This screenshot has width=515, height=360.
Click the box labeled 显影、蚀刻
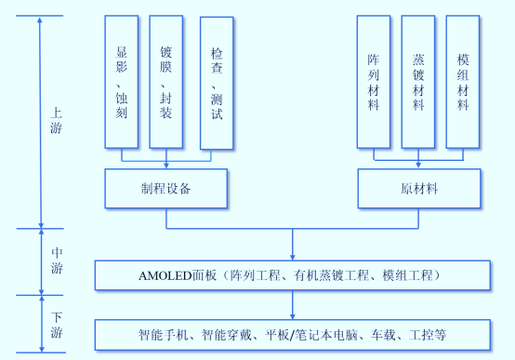tap(122, 82)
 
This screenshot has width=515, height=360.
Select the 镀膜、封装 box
tap(166, 82)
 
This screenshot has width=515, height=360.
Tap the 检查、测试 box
tap(217, 82)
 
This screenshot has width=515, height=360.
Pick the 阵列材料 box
tap(374, 82)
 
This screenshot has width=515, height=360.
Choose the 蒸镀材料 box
tap(418, 82)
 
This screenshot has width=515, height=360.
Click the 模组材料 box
tap(463, 82)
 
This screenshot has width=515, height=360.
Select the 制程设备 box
tap(166, 189)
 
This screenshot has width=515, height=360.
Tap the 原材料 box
tap(418, 189)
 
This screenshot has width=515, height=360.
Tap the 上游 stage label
tap(57, 121)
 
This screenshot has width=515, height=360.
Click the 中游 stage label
tap(57, 261)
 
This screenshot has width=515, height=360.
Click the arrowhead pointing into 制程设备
tap(166, 167)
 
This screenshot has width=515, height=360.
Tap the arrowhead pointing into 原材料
tap(418, 167)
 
